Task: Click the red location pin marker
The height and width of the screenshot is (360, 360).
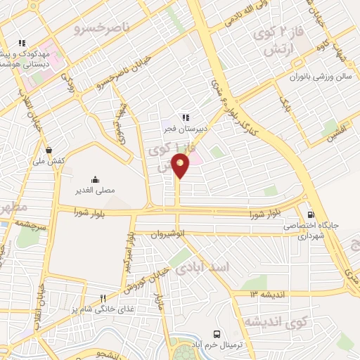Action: (x=181, y=165)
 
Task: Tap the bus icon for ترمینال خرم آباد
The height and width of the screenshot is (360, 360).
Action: (x=217, y=335)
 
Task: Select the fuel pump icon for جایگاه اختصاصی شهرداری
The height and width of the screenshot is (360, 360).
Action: (x=311, y=215)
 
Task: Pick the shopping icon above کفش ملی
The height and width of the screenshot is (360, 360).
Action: (x=49, y=150)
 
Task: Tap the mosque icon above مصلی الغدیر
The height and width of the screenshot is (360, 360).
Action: (x=96, y=179)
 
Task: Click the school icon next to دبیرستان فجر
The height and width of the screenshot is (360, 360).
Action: (x=185, y=117)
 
